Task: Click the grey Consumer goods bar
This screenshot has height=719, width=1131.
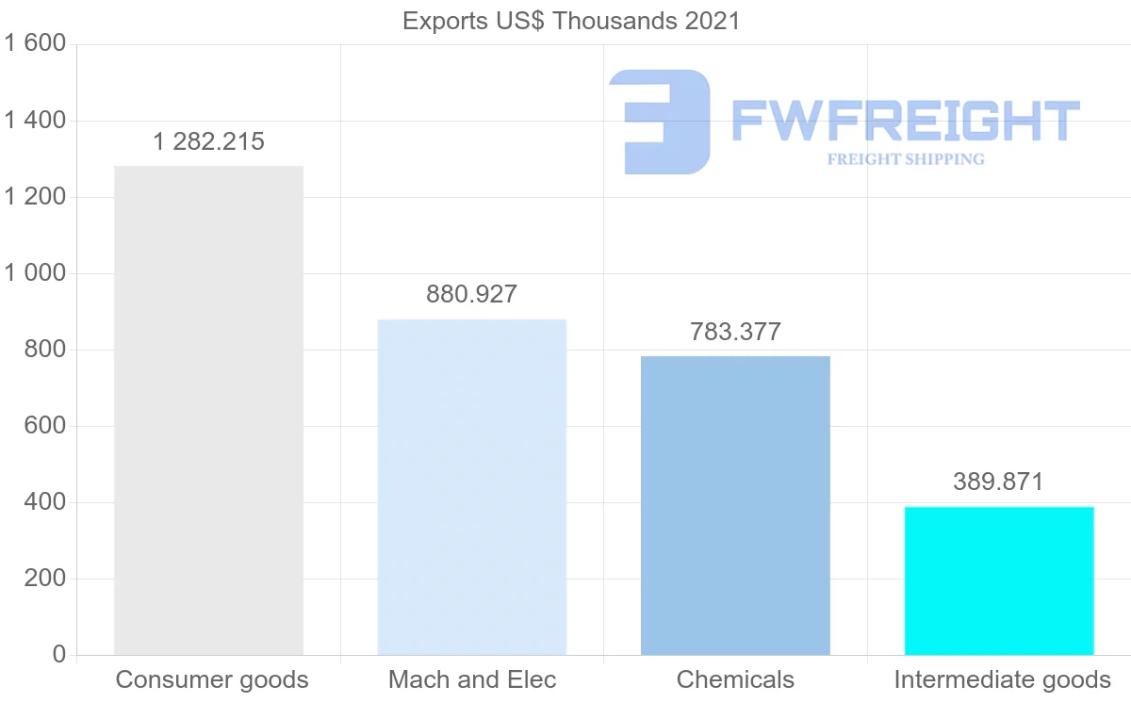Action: pos(208,411)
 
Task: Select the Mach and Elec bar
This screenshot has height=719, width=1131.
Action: pos(472,487)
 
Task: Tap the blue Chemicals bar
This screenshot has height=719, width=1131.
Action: pos(735,506)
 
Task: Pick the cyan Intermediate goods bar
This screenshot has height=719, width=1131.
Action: pos(999,580)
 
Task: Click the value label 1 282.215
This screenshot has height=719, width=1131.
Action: pos(208,142)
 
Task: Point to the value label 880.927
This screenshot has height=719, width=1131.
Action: pos(471,294)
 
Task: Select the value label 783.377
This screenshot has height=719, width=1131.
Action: pos(735,332)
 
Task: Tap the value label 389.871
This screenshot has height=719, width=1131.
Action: pos(998,482)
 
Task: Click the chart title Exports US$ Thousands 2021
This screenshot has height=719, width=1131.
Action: pos(571,21)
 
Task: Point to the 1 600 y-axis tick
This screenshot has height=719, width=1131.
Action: pos(35,44)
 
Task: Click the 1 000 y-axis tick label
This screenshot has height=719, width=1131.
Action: pos(35,273)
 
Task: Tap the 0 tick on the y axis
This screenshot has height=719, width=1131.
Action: pos(58,655)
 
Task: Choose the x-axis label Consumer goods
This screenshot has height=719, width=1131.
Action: pos(212,679)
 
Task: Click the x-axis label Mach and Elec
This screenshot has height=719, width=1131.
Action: pos(472,679)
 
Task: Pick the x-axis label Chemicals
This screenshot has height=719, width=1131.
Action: pos(735,679)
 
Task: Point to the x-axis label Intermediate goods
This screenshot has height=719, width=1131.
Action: pos(1002,679)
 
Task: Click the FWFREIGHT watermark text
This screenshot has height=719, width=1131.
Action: pos(905,121)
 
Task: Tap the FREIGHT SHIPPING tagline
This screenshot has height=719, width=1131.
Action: pos(906,159)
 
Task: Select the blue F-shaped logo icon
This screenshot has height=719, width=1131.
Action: pos(660,121)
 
